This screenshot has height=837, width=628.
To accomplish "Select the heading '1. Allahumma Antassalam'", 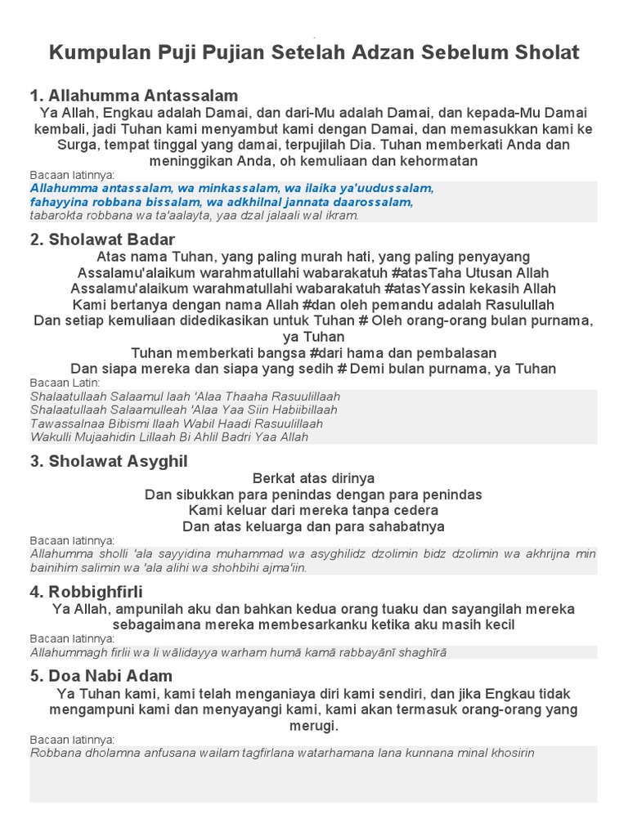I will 134,96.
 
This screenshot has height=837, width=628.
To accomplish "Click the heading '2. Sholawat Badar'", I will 102,239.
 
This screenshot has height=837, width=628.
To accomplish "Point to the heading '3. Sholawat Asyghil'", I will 109,461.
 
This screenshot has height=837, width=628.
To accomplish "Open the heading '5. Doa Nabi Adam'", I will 101,676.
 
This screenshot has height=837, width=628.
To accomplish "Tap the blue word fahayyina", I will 59,201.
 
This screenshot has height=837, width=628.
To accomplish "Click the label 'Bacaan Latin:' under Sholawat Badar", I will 65,383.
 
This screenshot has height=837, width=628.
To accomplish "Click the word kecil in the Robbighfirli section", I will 497,625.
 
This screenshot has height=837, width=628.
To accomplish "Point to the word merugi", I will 313,726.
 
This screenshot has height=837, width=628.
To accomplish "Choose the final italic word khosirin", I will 509,753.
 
